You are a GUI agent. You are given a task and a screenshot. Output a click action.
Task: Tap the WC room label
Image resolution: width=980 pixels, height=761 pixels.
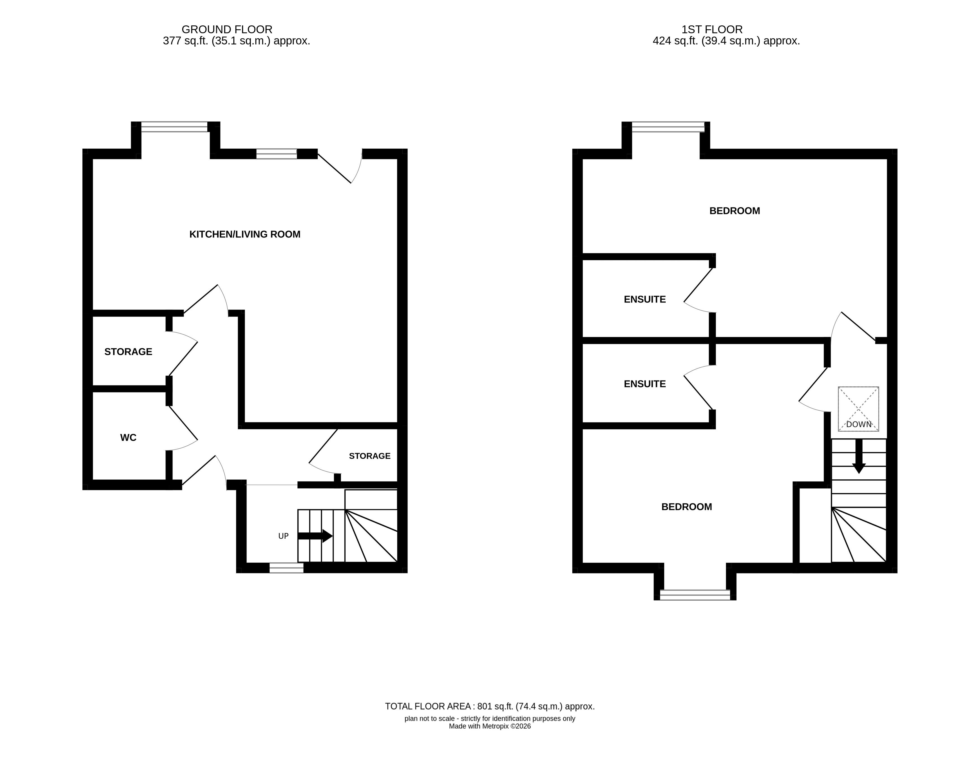click(128, 437)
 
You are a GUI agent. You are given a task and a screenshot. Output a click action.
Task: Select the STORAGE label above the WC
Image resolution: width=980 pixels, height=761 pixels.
click(128, 352)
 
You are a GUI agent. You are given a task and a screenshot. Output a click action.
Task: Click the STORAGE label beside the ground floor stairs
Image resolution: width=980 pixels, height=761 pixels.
click(370, 456)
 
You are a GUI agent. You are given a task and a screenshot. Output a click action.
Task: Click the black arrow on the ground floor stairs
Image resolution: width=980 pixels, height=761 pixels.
click(315, 536)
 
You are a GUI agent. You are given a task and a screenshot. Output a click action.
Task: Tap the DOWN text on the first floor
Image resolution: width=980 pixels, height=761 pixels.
click(859, 424)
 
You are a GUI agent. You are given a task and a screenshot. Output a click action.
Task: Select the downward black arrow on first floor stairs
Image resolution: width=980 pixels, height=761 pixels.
click(859, 456)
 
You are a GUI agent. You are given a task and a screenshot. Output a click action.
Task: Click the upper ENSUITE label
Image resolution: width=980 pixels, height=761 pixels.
click(645, 299)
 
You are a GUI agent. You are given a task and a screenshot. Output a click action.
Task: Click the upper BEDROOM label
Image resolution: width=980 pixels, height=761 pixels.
click(735, 211)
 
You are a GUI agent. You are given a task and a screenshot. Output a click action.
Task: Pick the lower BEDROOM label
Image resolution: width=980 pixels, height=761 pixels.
click(687, 507)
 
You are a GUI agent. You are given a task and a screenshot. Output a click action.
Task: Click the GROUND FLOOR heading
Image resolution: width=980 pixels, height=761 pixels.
click(227, 30)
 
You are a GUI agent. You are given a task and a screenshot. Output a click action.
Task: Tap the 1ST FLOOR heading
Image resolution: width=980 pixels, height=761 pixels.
click(712, 30)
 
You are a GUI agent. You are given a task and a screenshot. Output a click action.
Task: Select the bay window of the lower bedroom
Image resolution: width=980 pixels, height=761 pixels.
click(695, 595)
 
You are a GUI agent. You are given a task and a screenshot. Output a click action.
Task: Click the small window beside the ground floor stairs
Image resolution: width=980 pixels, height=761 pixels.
click(286, 568)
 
